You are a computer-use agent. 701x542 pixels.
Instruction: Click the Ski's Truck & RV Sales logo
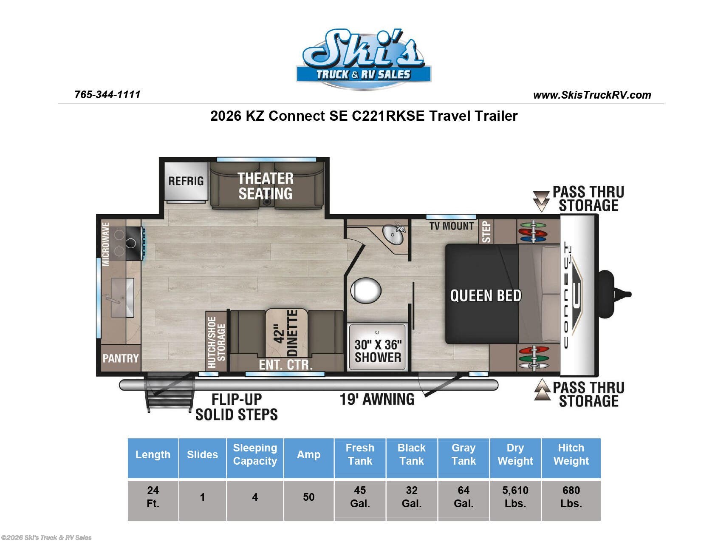(363, 60)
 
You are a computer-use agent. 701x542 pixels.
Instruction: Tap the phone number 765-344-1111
(107, 95)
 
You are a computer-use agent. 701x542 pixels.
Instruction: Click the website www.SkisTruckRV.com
(592, 95)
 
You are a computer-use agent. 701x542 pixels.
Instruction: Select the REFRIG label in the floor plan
(186, 181)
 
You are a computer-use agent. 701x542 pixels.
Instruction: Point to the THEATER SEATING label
(266, 186)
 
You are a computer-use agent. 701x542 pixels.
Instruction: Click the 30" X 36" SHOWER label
(378, 351)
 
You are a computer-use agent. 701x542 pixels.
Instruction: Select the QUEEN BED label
(485, 295)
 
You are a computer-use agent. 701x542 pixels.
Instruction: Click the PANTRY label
(121, 358)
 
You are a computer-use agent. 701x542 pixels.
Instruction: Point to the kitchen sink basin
(122, 298)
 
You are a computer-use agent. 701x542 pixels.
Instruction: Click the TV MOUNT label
(451, 226)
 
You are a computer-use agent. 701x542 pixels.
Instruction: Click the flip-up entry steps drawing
(169, 393)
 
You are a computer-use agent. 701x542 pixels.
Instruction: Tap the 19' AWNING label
(377, 399)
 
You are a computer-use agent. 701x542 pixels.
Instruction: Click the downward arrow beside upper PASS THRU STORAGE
(541, 201)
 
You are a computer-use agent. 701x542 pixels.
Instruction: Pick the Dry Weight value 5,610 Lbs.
(515, 497)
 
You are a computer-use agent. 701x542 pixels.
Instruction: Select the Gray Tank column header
(463, 454)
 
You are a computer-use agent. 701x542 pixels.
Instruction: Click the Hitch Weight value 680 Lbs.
(571, 497)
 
